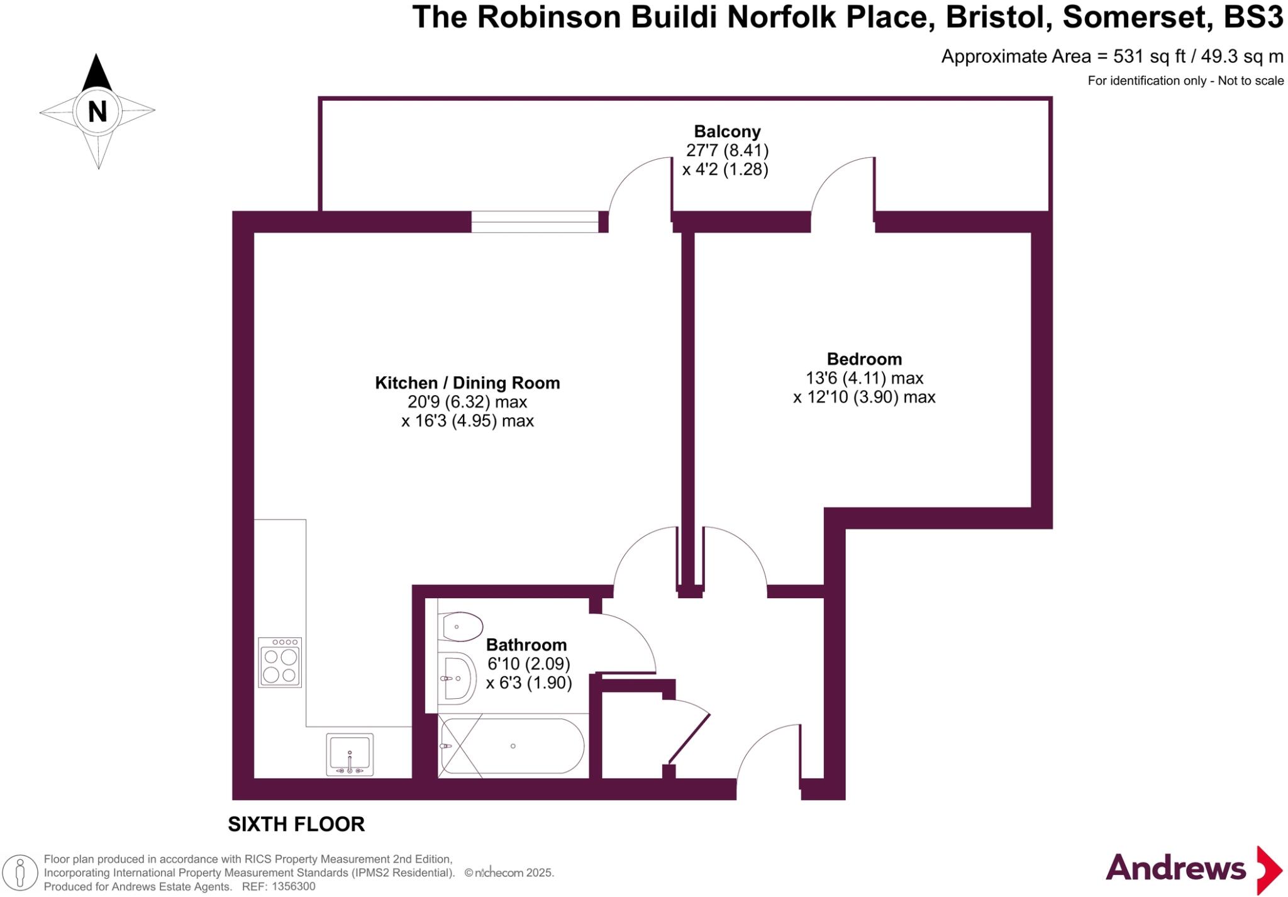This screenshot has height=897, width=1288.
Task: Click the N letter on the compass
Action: point(97,112)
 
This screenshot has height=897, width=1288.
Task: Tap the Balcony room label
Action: point(727,131)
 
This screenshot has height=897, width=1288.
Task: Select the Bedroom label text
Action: point(864,359)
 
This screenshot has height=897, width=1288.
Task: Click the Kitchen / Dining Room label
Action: point(467,383)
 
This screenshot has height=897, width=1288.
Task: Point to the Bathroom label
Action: point(526,645)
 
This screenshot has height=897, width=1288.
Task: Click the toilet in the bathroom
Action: point(462,627)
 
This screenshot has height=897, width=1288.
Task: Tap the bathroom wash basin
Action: point(457,678)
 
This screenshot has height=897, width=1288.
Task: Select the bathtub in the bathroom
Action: point(513,747)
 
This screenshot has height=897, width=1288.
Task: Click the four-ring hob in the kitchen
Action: point(280,662)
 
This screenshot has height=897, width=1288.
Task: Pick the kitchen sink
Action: point(350,754)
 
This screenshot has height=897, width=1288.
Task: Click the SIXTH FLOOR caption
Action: point(296,824)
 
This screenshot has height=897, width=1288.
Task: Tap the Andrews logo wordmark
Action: point(1175,869)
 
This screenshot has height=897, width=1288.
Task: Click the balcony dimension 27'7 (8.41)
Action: point(727,150)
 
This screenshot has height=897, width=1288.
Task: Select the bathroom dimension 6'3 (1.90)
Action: point(529,683)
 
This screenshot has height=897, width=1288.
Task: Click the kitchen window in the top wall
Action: point(535,222)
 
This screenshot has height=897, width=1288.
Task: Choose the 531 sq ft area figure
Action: point(1149,57)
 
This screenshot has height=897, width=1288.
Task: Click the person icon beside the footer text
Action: point(20,873)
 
